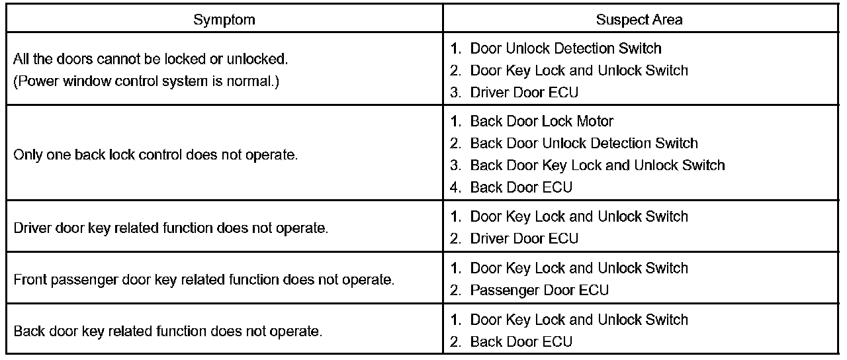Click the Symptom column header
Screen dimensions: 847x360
pyautogui.click(x=224, y=20)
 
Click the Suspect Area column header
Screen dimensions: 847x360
pyautogui.click(x=639, y=20)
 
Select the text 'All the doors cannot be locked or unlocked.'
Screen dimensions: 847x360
pyautogui.click(x=151, y=60)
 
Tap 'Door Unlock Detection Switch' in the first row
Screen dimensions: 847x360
pyautogui.click(x=566, y=48)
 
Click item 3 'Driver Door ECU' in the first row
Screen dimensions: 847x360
pyautogui.click(x=524, y=92)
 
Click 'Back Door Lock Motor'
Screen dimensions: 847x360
pyautogui.click(x=541, y=121)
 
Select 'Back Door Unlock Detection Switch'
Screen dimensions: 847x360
pyautogui.click(x=584, y=143)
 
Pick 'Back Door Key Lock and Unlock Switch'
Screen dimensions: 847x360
pyautogui.click(x=597, y=165)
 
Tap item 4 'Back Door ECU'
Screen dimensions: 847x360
pyautogui.click(x=521, y=187)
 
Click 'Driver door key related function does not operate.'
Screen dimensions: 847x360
pyautogui.click(x=171, y=228)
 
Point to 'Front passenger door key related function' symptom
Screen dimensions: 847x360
pyautogui.click(x=204, y=279)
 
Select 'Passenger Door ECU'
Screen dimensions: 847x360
pyautogui.click(x=539, y=290)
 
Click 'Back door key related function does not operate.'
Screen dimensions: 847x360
pyautogui.click(x=168, y=330)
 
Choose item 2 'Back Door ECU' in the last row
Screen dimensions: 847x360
pyautogui.click(x=521, y=341)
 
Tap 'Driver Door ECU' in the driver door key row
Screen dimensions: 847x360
pyautogui.click(x=524, y=238)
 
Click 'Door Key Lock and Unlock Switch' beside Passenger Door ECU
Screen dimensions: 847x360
pyautogui.click(x=579, y=268)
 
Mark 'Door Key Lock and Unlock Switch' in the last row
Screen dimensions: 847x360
pyautogui.click(x=579, y=320)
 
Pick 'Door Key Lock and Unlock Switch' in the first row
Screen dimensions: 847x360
pyautogui.click(x=579, y=70)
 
